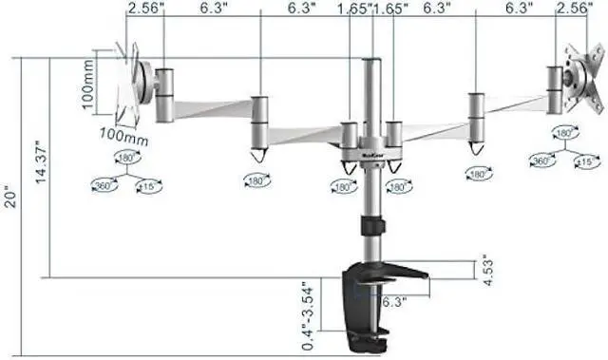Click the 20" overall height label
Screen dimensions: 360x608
click(x=9, y=198)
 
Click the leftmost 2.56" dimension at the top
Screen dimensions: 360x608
click(x=142, y=9)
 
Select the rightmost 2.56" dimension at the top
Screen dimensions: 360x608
click(x=572, y=9)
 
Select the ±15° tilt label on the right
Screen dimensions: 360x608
click(x=586, y=162)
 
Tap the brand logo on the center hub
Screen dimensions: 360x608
click(x=370, y=147)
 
